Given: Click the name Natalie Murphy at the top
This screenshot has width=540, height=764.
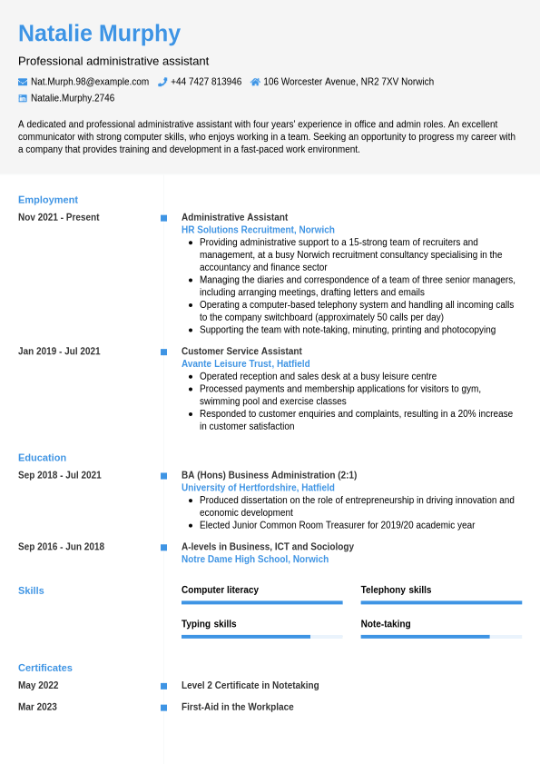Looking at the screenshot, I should click(x=99, y=34).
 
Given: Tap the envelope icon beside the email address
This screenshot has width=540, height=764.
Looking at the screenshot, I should click(x=23, y=82).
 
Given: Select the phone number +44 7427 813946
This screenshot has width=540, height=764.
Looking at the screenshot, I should click(x=206, y=82).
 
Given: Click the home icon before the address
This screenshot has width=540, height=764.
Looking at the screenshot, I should click(x=255, y=82).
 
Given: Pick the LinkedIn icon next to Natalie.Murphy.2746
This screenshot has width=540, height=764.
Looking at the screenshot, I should click(x=23, y=98).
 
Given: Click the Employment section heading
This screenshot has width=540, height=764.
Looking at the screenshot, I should click(x=48, y=200).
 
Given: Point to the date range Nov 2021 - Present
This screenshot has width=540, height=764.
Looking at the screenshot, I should click(x=59, y=217).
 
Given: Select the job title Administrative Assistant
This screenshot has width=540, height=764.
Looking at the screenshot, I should click(x=234, y=217).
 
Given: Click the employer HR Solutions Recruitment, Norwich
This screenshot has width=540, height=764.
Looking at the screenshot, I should click(x=258, y=230).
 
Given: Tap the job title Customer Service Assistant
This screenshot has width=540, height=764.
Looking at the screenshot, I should click(x=241, y=352).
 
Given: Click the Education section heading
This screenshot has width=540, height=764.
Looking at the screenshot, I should click(x=42, y=458).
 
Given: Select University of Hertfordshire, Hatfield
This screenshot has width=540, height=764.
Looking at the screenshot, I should click(x=258, y=488).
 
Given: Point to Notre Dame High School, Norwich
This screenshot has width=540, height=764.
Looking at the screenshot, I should click(x=255, y=560).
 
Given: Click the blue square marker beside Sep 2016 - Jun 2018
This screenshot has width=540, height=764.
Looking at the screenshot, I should click(x=163, y=548).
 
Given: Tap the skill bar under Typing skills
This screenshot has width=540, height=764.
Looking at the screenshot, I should click(x=261, y=637).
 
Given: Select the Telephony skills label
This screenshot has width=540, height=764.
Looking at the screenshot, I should click(x=396, y=590).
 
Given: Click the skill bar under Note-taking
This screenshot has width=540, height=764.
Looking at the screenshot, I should click(x=441, y=637).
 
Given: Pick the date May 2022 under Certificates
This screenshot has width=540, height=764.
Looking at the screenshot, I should click(x=38, y=686).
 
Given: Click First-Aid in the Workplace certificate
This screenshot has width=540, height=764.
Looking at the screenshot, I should click(x=238, y=707).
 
